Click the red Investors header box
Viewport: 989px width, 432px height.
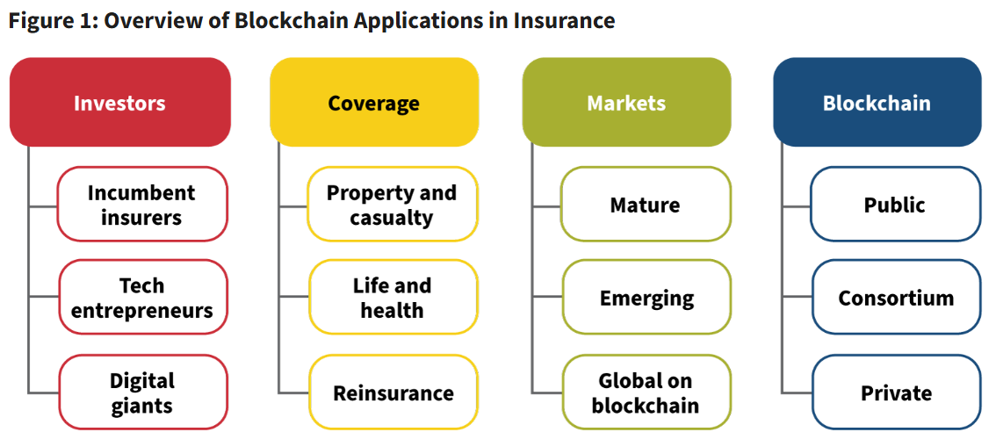click(x=119, y=103)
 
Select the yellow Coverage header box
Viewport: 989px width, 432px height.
click(x=373, y=103)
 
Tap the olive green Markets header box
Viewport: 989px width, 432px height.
click(x=626, y=103)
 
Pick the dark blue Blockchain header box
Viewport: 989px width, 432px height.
click(x=877, y=103)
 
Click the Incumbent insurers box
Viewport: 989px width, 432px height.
click(x=141, y=205)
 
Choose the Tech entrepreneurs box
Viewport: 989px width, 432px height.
click(x=142, y=298)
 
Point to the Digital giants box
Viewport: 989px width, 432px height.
click(x=142, y=392)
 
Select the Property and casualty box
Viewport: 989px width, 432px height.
click(x=392, y=205)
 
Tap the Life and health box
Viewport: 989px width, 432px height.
click(x=392, y=298)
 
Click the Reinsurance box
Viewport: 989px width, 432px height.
click(x=393, y=392)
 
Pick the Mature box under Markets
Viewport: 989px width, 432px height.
click(x=646, y=205)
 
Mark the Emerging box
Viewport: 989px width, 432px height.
click(x=646, y=298)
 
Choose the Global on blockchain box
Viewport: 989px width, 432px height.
click(x=646, y=392)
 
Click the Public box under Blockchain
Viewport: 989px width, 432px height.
click(x=895, y=205)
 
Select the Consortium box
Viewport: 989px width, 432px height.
click(x=896, y=298)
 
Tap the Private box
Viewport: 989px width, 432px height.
click(x=896, y=392)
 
